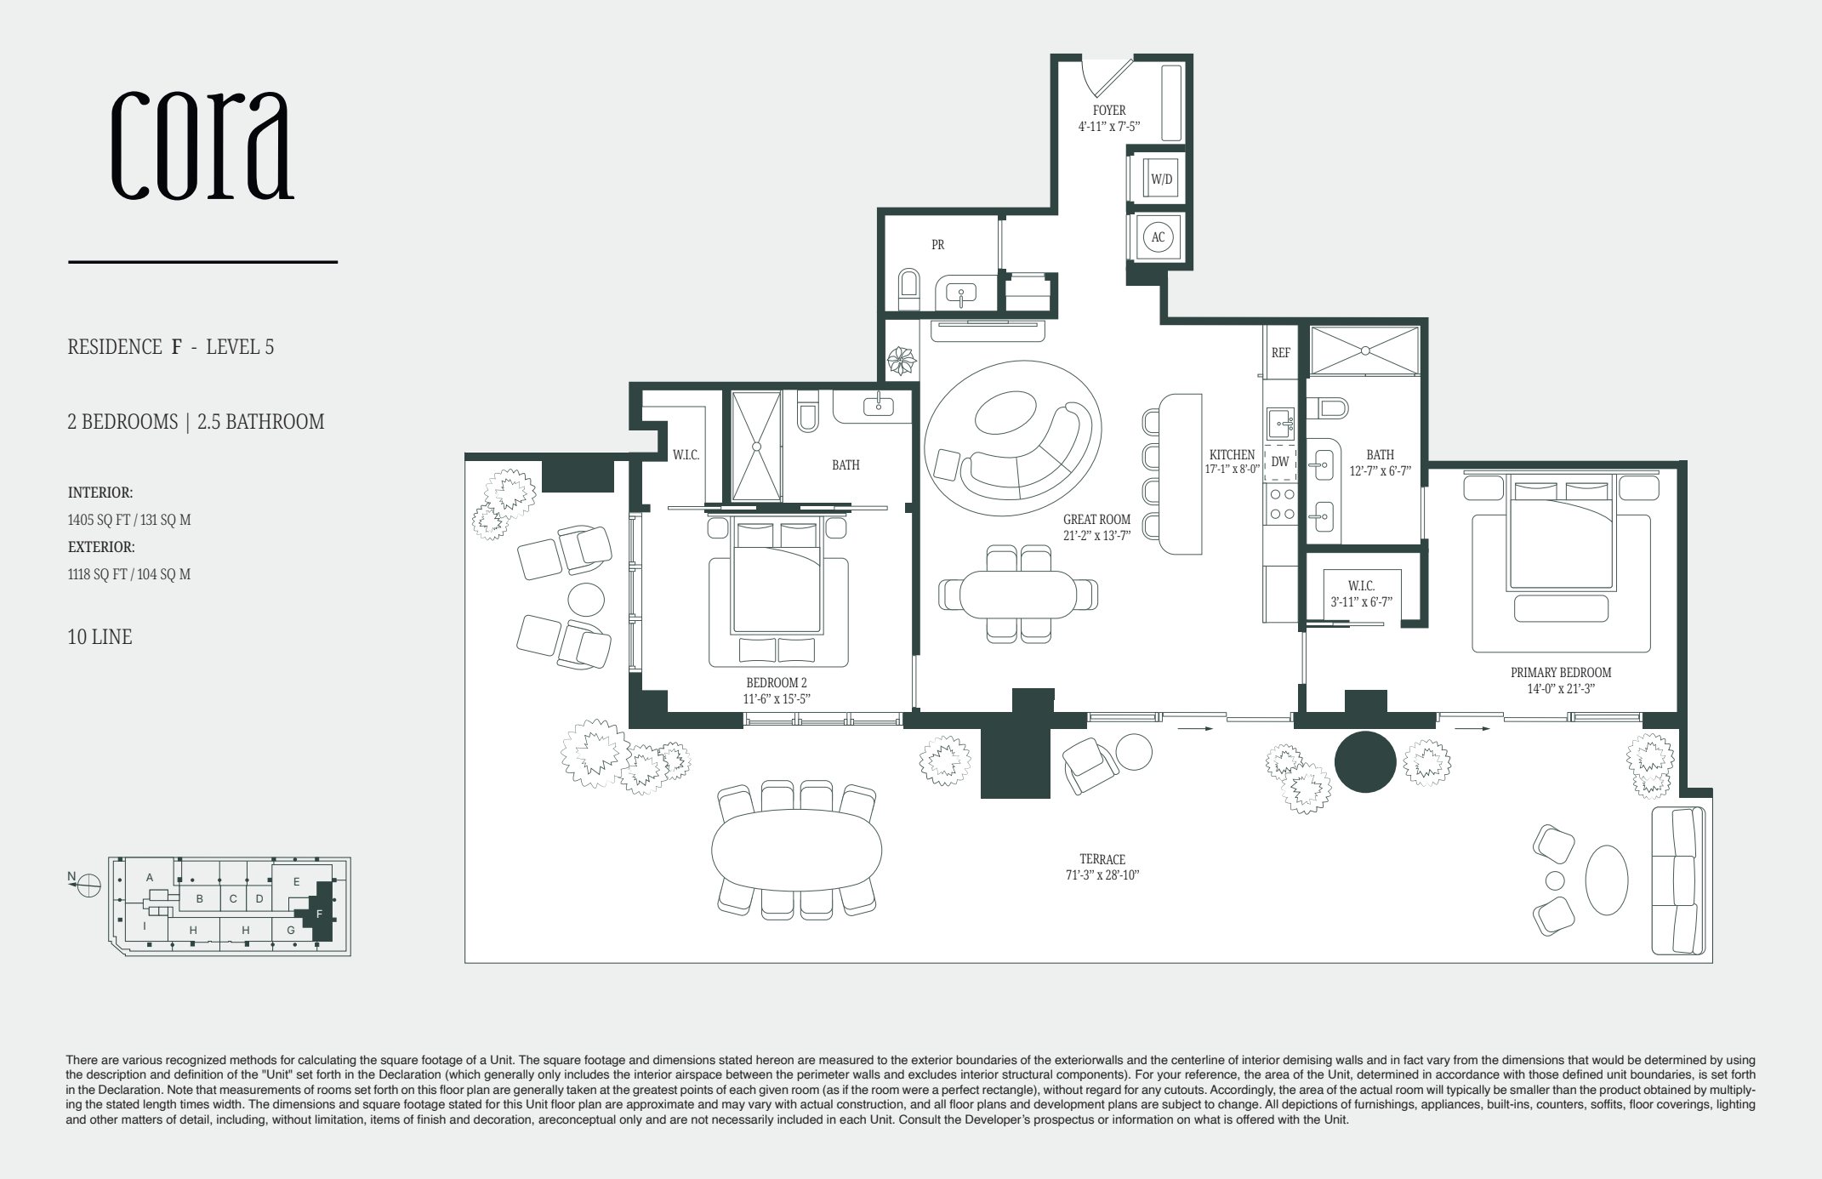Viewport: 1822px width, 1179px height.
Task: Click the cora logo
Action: tap(202, 145)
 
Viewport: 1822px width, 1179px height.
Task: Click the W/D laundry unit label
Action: tap(1161, 179)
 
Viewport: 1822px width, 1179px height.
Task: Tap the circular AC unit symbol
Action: tap(1158, 237)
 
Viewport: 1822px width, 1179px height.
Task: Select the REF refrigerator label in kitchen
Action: tap(1280, 352)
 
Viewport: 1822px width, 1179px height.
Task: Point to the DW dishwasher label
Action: tap(1279, 462)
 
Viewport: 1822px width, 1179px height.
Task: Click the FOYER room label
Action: tap(1109, 111)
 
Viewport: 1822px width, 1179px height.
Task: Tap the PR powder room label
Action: tap(937, 245)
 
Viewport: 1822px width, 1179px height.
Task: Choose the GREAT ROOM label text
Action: tap(1096, 520)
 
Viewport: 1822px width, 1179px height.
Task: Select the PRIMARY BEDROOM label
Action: tap(1561, 672)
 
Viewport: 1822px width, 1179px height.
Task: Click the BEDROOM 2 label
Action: tap(776, 682)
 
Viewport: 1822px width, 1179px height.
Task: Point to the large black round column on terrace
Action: tap(1365, 762)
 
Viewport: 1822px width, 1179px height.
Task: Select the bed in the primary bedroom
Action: tap(1561, 536)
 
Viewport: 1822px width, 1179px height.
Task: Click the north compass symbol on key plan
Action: tap(88, 886)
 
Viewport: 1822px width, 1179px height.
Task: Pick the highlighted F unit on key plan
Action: tap(320, 914)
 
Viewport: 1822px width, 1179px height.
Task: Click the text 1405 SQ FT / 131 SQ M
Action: tap(129, 520)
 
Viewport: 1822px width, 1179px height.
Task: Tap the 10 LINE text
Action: tap(100, 637)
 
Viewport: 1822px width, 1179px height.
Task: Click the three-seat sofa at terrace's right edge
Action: tap(1677, 881)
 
